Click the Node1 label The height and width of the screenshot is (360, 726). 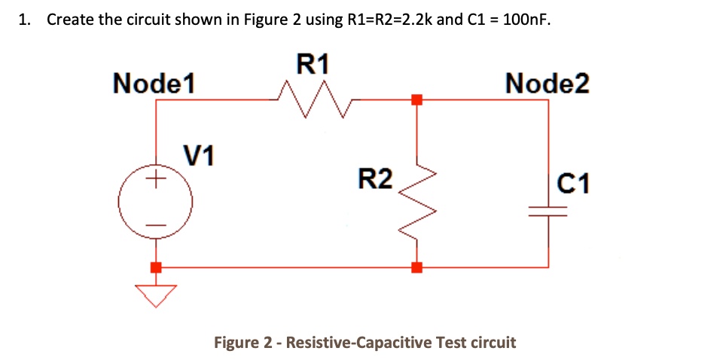154,83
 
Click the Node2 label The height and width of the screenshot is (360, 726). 548,83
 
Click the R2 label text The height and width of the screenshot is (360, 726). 374,179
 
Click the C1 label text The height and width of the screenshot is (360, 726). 574,182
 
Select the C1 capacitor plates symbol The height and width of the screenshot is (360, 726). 548,212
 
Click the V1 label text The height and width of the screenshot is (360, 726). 199,156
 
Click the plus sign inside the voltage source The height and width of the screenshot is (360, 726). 156,180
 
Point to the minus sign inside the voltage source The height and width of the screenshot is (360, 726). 156,225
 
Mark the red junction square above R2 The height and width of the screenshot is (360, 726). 416,99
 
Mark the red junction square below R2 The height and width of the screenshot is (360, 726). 416,267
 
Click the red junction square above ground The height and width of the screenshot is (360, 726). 156,267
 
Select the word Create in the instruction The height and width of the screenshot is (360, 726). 70,20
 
